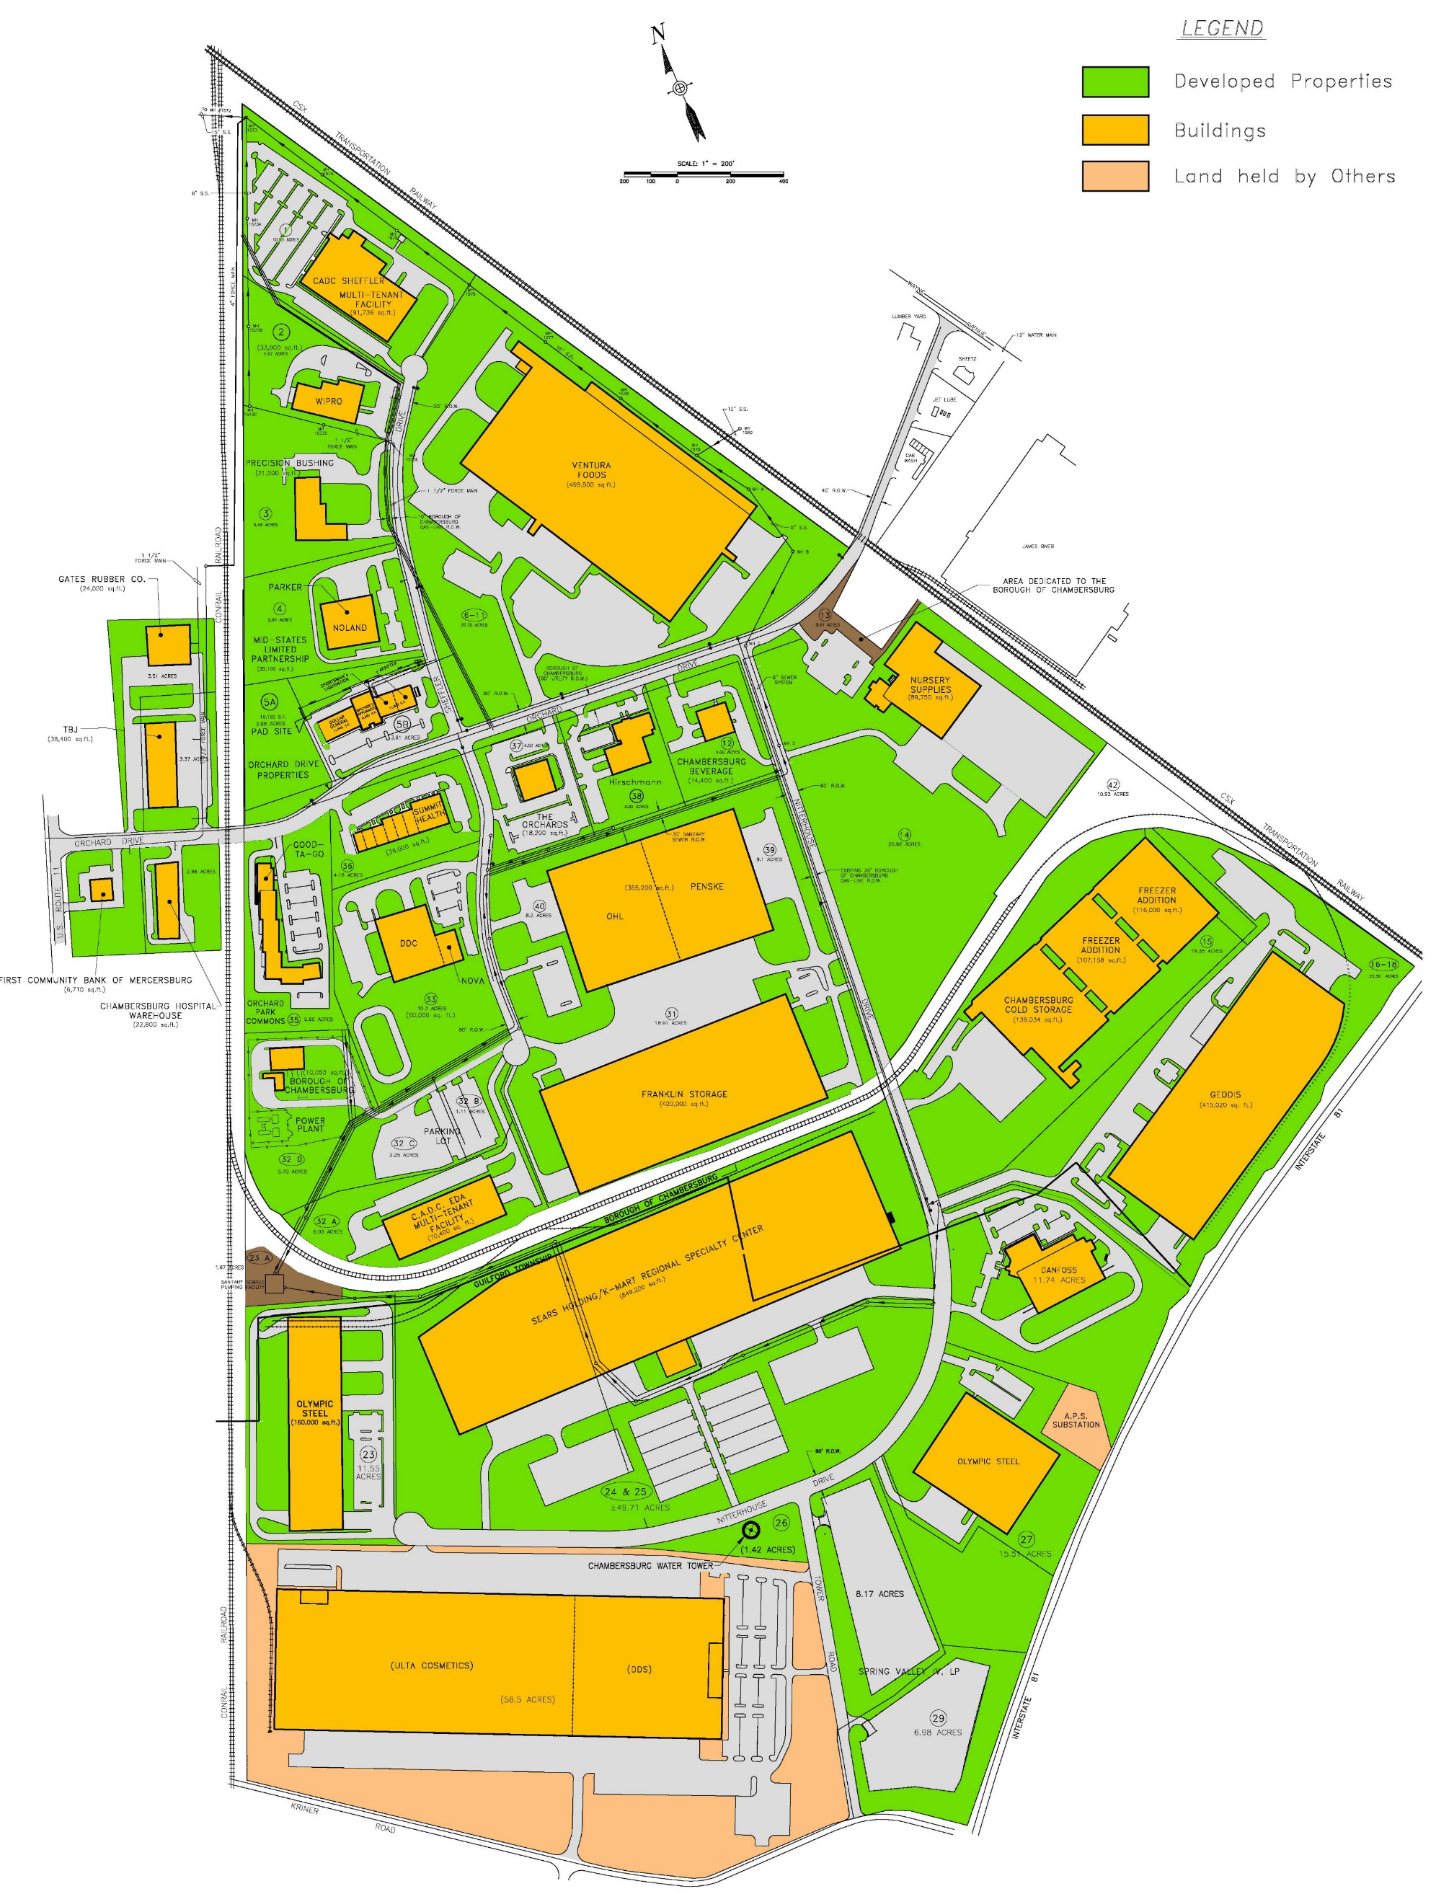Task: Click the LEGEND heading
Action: pyautogui.click(x=1222, y=28)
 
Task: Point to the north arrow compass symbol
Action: pyautogui.click(x=680, y=87)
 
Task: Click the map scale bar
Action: pyautogui.click(x=703, y=173)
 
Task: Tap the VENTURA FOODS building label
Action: pyautogui.click(x=591, y=470)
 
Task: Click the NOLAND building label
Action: pyautogui.click(x=350, y=628)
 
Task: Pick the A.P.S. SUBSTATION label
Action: pyautogui.click(x=1076, y=1420)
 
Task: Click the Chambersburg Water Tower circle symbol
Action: pyautogui.click(x=750, y=1529)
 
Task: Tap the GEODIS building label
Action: pyautogui.click(x=1226, y=1094)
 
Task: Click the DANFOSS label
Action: pyautogui.click(x=1058, y=1270)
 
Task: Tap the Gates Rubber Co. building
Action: pyautogui.click(x=168, y=645)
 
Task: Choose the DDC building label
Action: pyautogui.click(x=409, y=943)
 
